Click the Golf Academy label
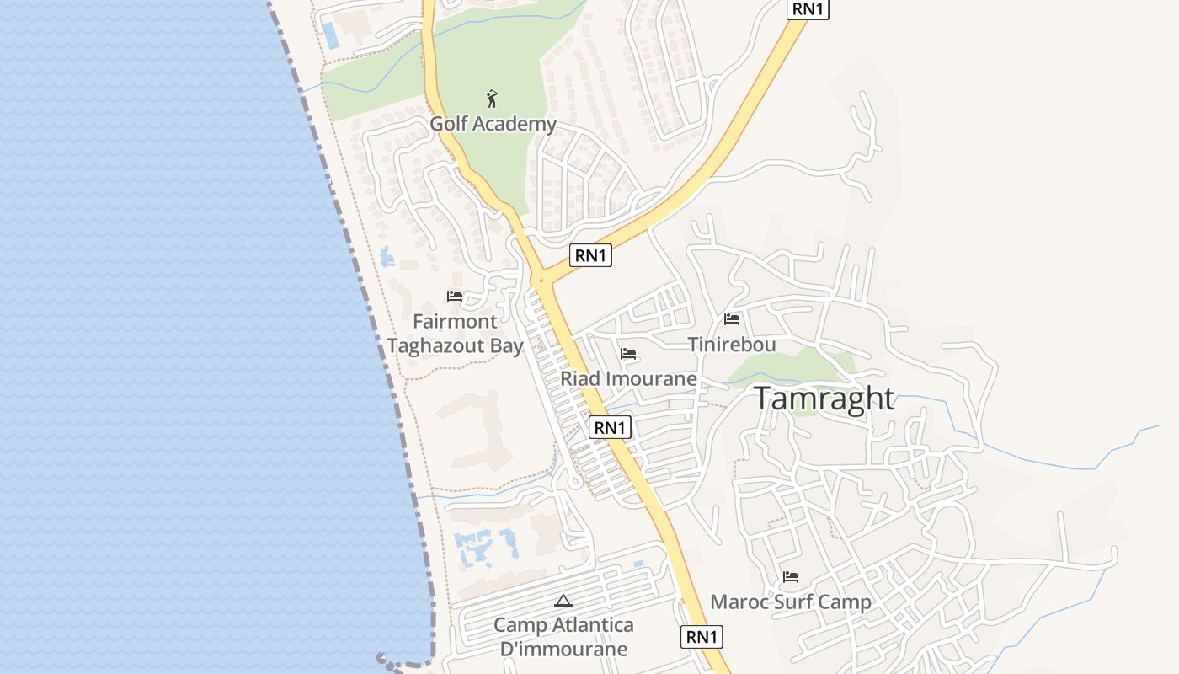493,124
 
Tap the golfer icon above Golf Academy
493,99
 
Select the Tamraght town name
824,398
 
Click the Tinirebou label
732,345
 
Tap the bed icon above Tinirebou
732,319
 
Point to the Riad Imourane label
628,379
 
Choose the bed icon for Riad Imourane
628,354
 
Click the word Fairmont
455,321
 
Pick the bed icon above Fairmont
455,297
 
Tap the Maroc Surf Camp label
790,602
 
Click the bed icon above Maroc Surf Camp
790,577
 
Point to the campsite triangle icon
563,601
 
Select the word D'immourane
563,649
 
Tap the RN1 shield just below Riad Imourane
610,427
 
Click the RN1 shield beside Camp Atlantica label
702,637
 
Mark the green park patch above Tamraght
792,366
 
